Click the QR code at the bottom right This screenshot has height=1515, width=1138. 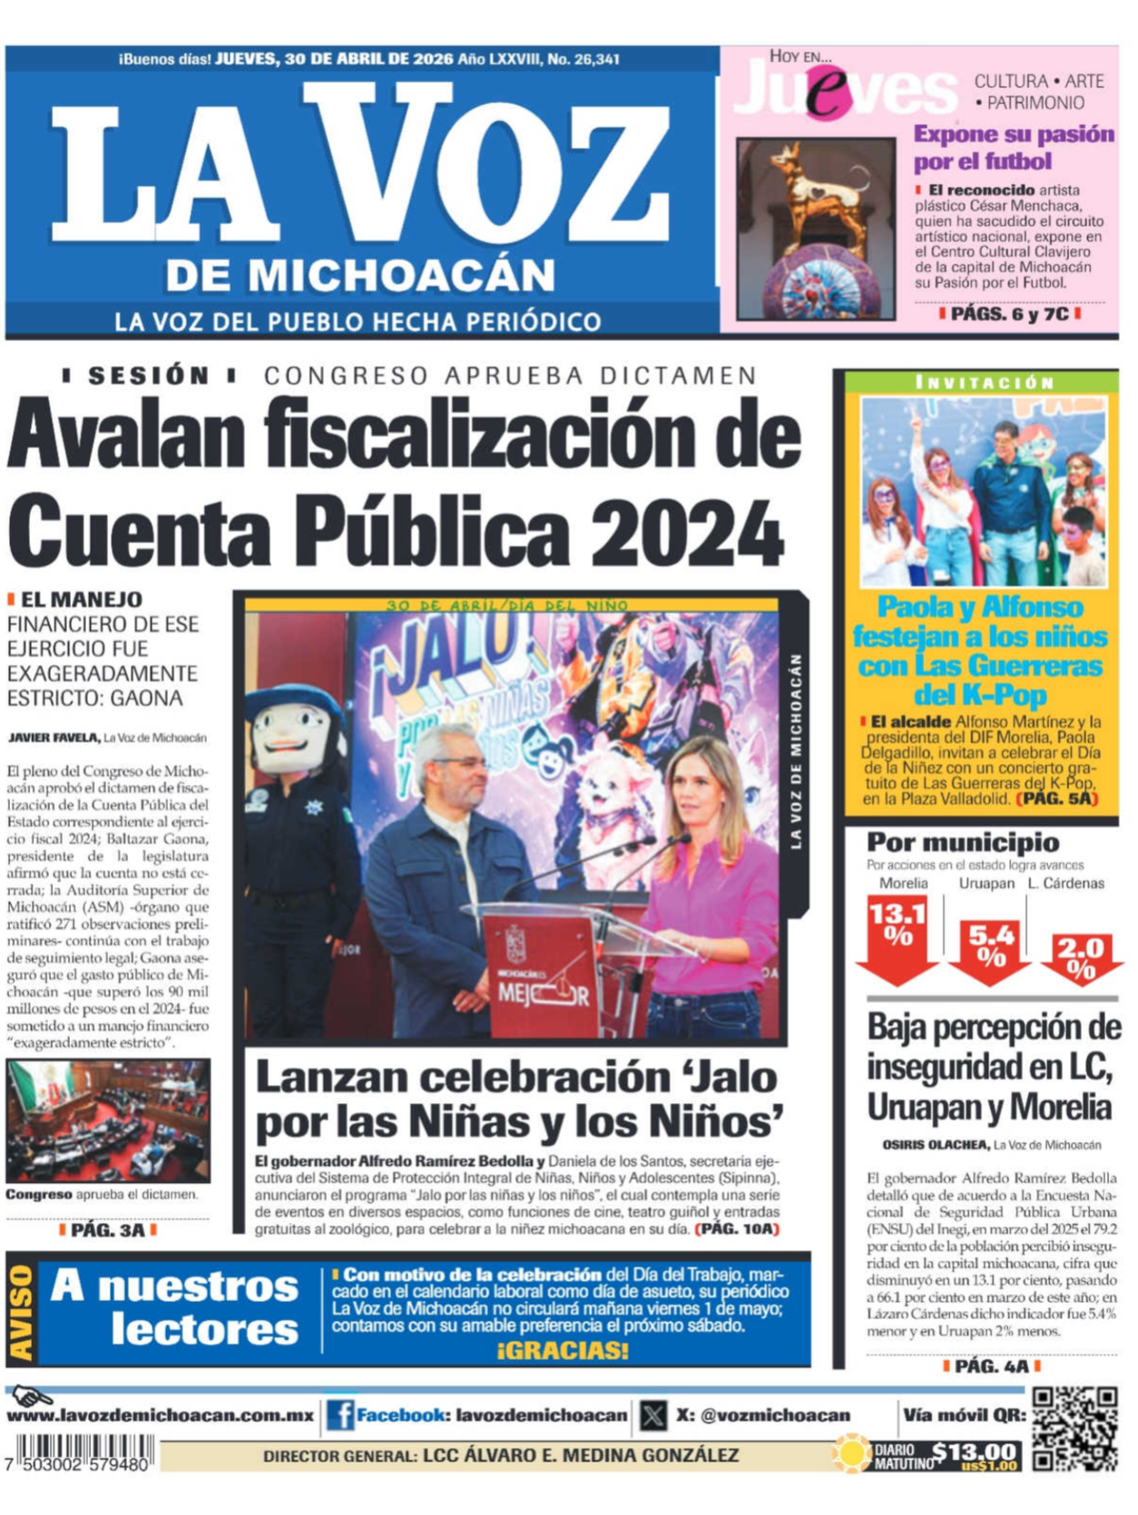point(1074,1428)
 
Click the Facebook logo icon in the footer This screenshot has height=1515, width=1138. point(340,1415)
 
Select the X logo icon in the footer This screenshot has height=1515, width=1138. point(652,1415)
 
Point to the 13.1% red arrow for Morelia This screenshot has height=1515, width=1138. point(897,939)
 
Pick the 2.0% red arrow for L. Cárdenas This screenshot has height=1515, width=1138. point(1081,960)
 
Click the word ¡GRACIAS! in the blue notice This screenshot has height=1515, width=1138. point(563,1351)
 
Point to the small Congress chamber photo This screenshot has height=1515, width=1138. point(108,1120)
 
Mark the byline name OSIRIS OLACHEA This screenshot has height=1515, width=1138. point(935,1145)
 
